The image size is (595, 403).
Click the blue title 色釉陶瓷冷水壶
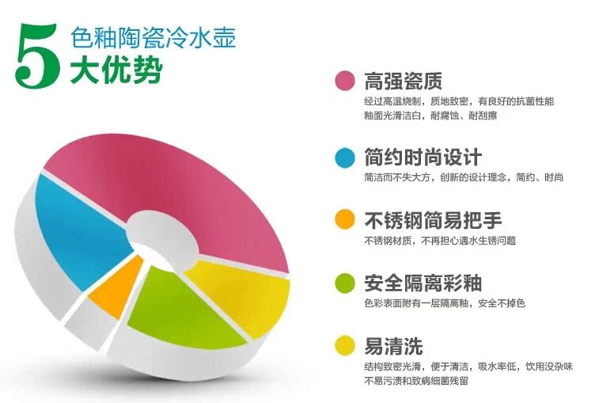pyautogui.click(x=153, y=37)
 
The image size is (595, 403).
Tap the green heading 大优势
pyautogui.click(x=116, y=70)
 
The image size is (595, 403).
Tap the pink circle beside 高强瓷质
pyautogui.click(x=345, y=81)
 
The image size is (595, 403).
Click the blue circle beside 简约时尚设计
pyautogui.click(x=345, y=158)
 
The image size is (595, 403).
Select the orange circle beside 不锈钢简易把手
pyautogui.click(x=345, y=219)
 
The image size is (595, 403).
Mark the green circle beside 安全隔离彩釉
pyautogui.click(x=345, y=283)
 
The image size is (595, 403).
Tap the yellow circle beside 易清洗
pyautogui.click(x=345, y=345)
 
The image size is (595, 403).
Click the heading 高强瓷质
pyautogui.click(x=404, y=81)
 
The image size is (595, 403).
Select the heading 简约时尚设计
pyautogui.click(x=423, y=158)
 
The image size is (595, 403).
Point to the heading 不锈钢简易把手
pyautogui.click(x=433, y=220)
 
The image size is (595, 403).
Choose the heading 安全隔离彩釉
pyautogui.click(x=423, y=283)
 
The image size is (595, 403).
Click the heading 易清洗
pyautogui.click(x=393, y=346)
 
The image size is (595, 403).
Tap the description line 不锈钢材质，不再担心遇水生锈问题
pyautogui.click(x=440, y=241)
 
